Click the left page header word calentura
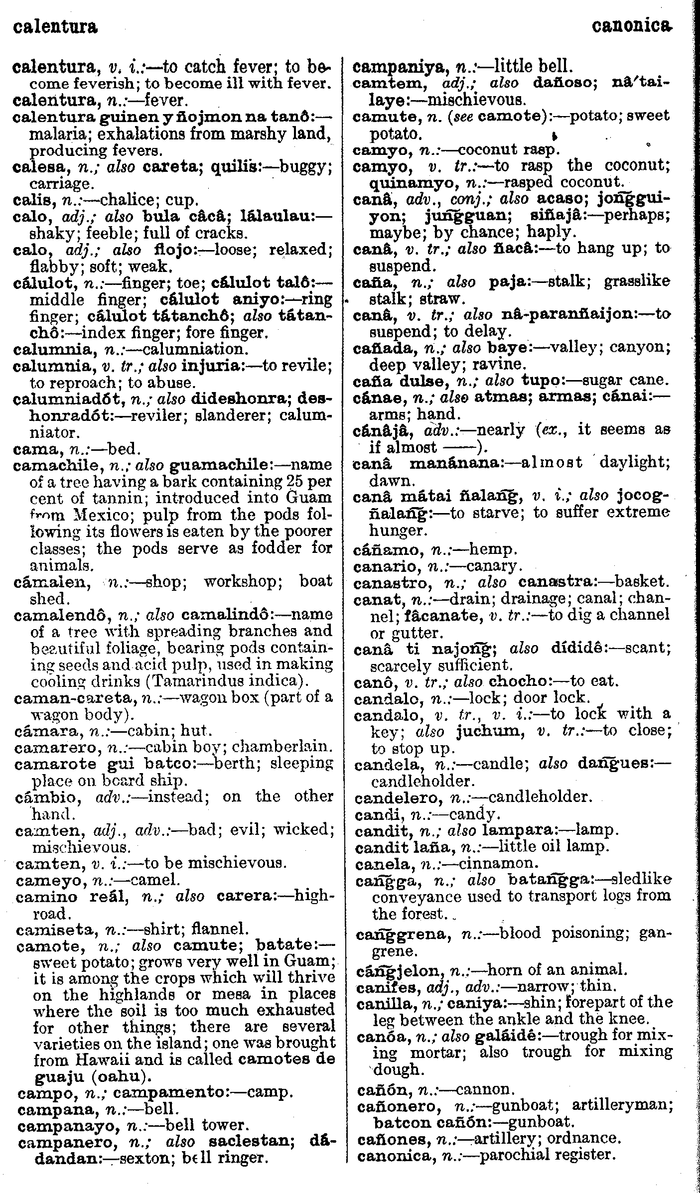click(55, 26)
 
